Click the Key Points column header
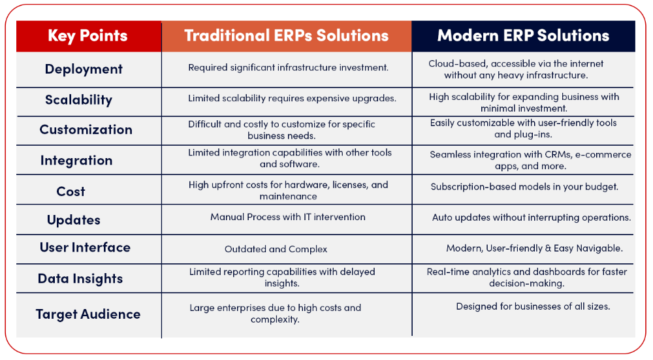(x=88, y=36)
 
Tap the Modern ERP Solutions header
(x=523, y=35)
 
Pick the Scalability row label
(x=78, y=100)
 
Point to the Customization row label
(x=86, y=129)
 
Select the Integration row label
(x=76, y=161)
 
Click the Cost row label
(x=71, y=191)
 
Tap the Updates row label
(x=74, y=220)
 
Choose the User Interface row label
(x=85, y=248)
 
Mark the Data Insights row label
(x=80, y=279)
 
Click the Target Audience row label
(x=88, y=314)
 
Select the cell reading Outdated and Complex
(x=276, y=249)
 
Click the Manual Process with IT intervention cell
(x=288, y=217)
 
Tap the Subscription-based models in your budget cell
(x=524, y=187)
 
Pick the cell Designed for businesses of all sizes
(x=533, y=306)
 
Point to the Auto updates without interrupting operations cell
(x=532, y=218)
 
